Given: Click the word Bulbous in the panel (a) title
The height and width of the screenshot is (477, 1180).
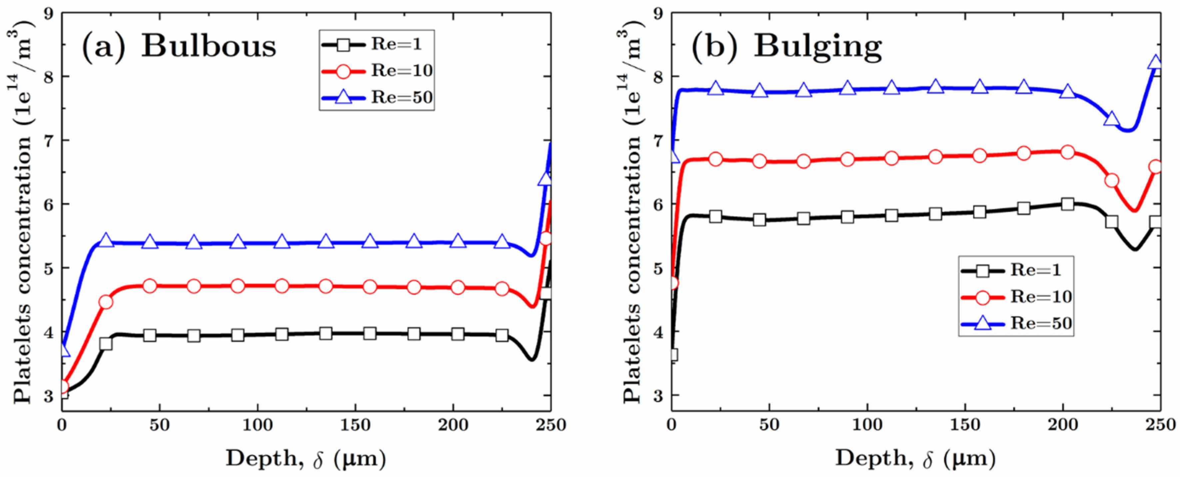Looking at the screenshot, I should [x=209, y=46].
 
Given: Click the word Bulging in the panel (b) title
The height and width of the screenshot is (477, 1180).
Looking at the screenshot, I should [x=818, y=46].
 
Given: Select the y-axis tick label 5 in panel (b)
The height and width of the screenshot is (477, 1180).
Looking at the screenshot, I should [x=658, y=268].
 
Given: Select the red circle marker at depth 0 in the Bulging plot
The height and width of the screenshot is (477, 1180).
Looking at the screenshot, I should [x=672, y=283].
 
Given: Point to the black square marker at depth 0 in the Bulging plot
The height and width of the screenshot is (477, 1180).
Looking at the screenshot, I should [x=672, y=355].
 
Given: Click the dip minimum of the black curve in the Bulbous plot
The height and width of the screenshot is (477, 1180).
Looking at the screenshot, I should [x=531, y=360].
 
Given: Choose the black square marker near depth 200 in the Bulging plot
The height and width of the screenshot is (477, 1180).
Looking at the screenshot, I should [x=1067, y=204].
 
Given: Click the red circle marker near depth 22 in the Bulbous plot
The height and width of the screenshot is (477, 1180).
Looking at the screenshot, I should [x=106, y=302].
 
